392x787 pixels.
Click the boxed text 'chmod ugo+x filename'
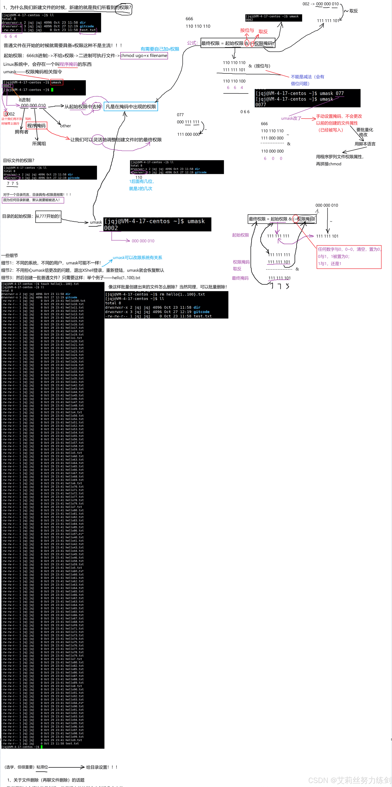pyautogui.click(x=144, y=56)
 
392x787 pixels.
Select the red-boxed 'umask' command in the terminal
pyautogui.click(x=56, y=82)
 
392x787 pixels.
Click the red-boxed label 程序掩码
pyautogui.click(x=36, y=125)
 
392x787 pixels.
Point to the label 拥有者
pyautogui.click(x=21, y=132)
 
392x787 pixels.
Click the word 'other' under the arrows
pyautogui.click(x=66, y=126)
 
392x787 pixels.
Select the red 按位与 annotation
pyautogui.click(x=247, y=30)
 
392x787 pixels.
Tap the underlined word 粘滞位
pyautogui.click(x=42, y=767)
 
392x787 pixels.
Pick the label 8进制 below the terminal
pyautogui.click(x=24, y=100)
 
